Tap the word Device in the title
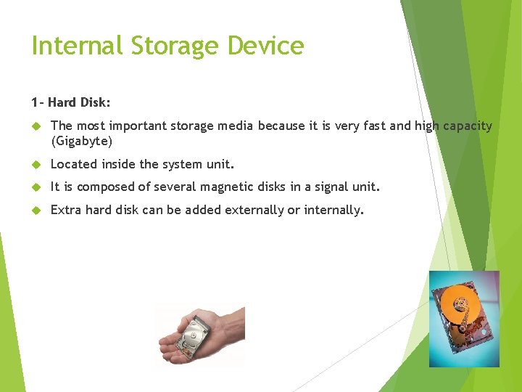click(265, 46)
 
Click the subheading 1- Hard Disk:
click(70, 102)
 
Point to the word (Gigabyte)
click(82, 141)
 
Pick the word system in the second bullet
click(180, 164)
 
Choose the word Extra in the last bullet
click(66, 211)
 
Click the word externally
click(254, 211)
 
